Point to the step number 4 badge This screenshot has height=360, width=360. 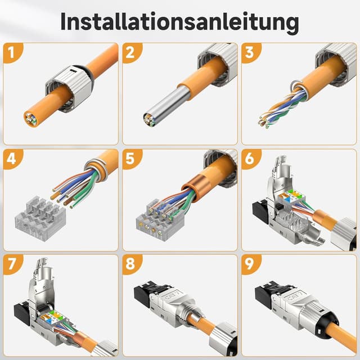pos(12,159)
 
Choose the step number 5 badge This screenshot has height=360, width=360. pos(131,159)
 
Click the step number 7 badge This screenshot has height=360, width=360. pos(12,265)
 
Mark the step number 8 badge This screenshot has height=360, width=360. pos(131,265)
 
